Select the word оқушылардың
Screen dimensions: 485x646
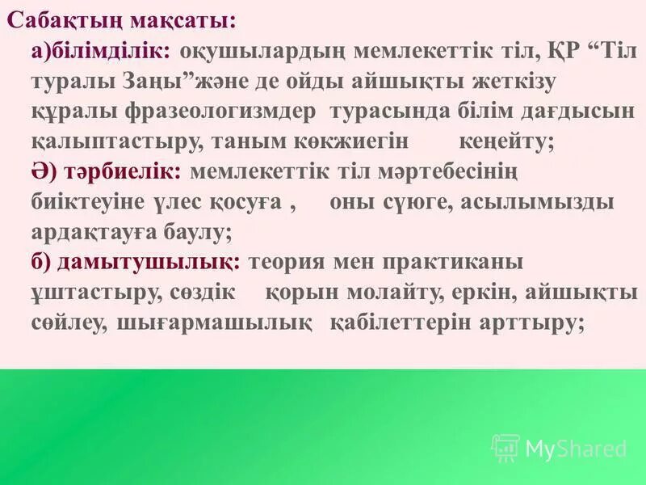tap(262, 51)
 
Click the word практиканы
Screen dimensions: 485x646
tap(456, 262)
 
